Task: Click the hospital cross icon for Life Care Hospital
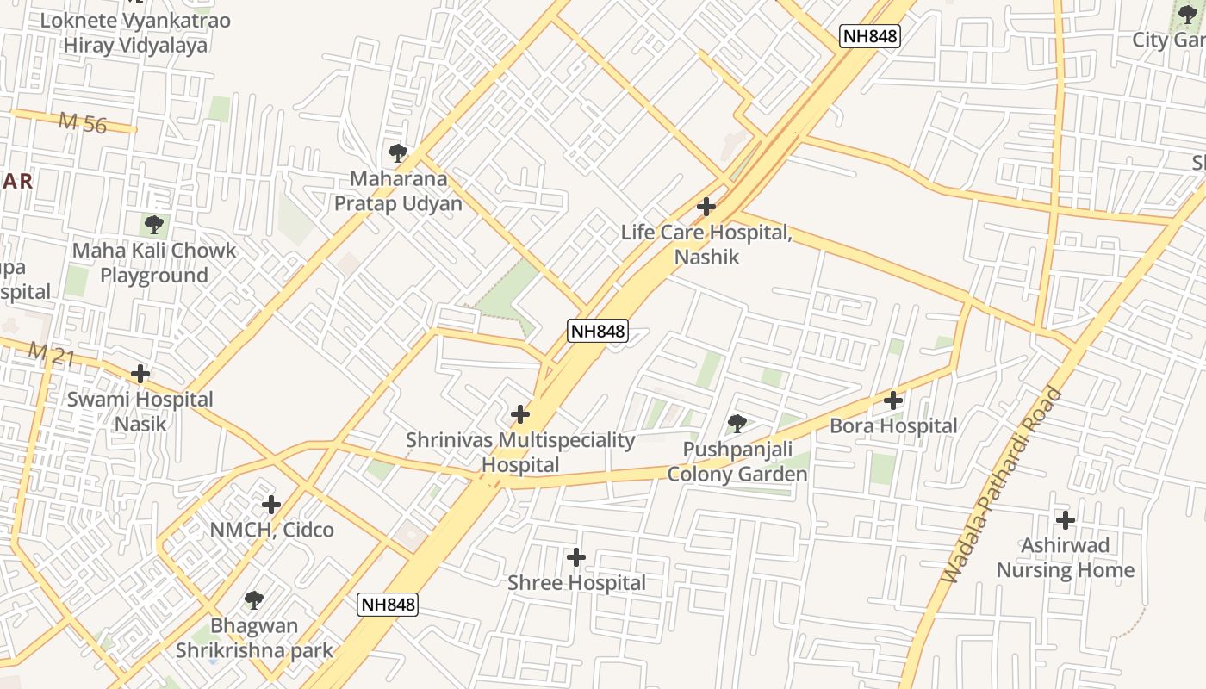pos(706,207)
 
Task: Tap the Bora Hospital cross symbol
pos(893,400)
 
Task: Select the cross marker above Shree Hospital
pos(576,558)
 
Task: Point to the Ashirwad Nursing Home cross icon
pos(1066,520)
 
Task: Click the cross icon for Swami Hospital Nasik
pos(140,374)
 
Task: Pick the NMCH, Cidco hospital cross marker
pos(271,505)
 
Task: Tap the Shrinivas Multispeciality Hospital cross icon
pos(520,414)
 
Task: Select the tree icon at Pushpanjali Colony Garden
pos(737,423)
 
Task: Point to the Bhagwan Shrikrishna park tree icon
pos(253,599)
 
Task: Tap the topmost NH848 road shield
pos(870,36)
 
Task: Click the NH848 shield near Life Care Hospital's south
pos(597,330)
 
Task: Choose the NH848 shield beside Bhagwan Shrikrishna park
pos(388,604)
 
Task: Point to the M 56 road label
pos(83,123)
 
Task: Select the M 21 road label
pos(51,355)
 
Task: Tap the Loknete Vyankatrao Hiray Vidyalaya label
pos(135,32)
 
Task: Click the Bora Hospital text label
pos(893,426)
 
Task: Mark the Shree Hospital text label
pos(576,583)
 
